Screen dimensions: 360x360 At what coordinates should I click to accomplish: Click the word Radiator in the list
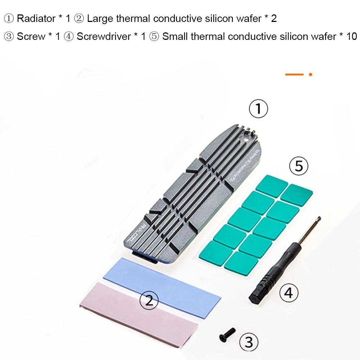(x=36, y=18)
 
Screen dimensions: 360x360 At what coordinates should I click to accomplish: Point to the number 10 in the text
(x=351, y=37)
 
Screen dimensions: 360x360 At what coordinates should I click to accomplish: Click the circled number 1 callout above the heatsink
(x=258, y=109)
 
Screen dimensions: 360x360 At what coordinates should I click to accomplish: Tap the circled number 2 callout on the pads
(x=149, y=299)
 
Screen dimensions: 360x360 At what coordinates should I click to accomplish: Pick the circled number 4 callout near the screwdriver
(x=289, y=293)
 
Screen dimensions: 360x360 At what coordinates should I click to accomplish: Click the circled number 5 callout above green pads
(x=299, y=166)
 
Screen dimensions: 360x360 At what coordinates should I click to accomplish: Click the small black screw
(x=227, y=334)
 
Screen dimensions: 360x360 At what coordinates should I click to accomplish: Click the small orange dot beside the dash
(x=310, y=74)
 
